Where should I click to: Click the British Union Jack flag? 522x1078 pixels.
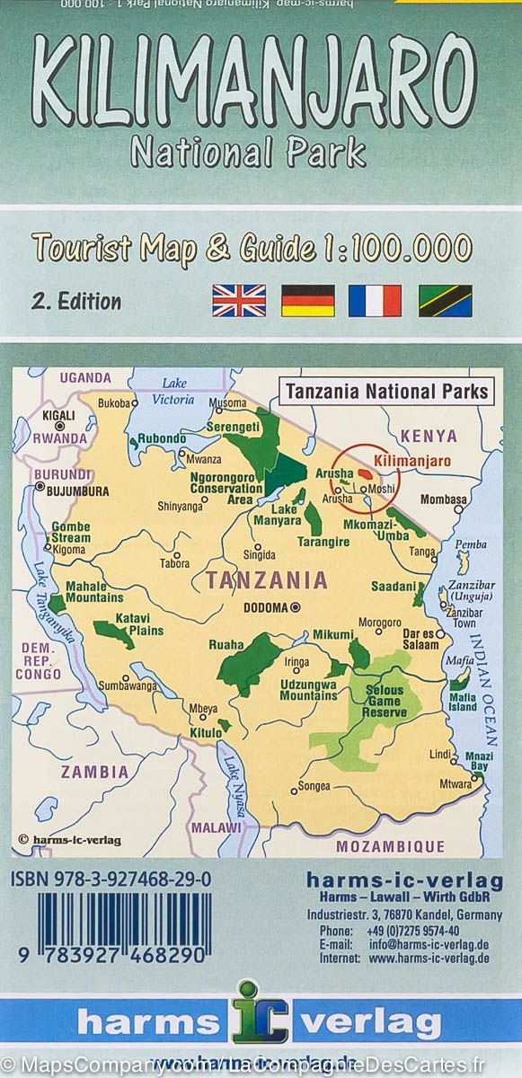click(x=239, y=300)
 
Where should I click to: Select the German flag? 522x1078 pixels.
click(x=307, y=300)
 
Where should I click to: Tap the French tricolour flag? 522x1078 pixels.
click(x=375, y=300)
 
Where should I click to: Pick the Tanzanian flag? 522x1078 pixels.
click(x=445, y=300)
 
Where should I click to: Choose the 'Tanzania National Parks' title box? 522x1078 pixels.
click(x=386, y=391)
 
